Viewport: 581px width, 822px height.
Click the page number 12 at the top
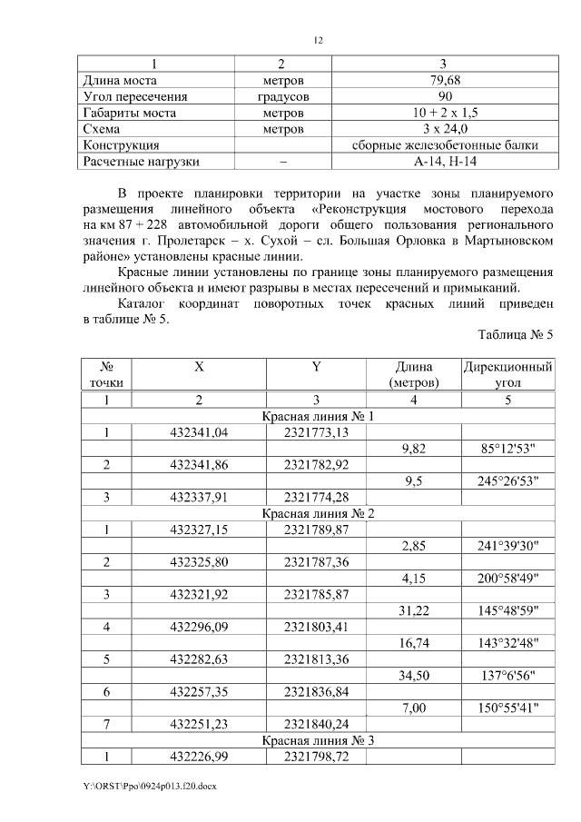click(x=318, y=41)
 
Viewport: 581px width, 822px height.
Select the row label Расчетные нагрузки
click(x=141, y=162)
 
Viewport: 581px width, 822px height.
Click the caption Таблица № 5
click(x=515, y=335)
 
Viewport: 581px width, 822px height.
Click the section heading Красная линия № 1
click(x=318, y=416)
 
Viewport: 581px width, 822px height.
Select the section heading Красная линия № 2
click(x=318, y=513)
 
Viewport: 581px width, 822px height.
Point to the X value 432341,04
click(x=199, y=432)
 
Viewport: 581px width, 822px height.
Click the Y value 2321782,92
click(x=316, y=465)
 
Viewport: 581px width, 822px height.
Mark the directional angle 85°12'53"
click(x=508, y=449)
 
